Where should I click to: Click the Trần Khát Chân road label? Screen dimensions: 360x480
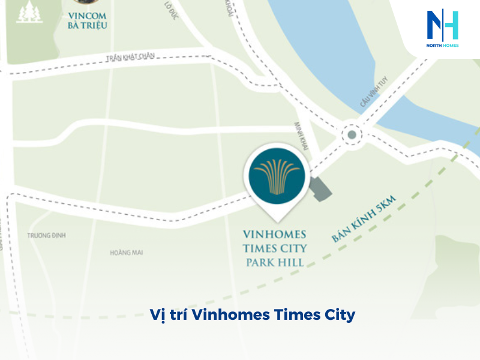pyautogui.click(x=130, y=57)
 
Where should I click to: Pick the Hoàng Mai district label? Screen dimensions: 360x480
pyautogui.click(x=126, y=253)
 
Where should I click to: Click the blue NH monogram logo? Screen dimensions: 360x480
pyautogui.click(x=442, y=25)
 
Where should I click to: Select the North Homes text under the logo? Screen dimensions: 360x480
pyautogui.click(x=443, y=46)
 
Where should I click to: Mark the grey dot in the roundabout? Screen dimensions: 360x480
pyautogui.click(x=352, y=135)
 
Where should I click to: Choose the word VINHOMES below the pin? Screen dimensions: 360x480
pyautogui.click(x=274, y=234)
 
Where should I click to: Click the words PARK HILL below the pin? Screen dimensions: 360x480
pyautogui.click(x=274, y=262)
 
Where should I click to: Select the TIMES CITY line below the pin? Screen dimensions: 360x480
pyautogui.click(x=274, y=248)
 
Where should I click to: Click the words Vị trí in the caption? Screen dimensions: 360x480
pyautogui.click(x=163, y=314)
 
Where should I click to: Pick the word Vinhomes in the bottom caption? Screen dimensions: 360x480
pyautogui.click(x=224, y=314)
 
